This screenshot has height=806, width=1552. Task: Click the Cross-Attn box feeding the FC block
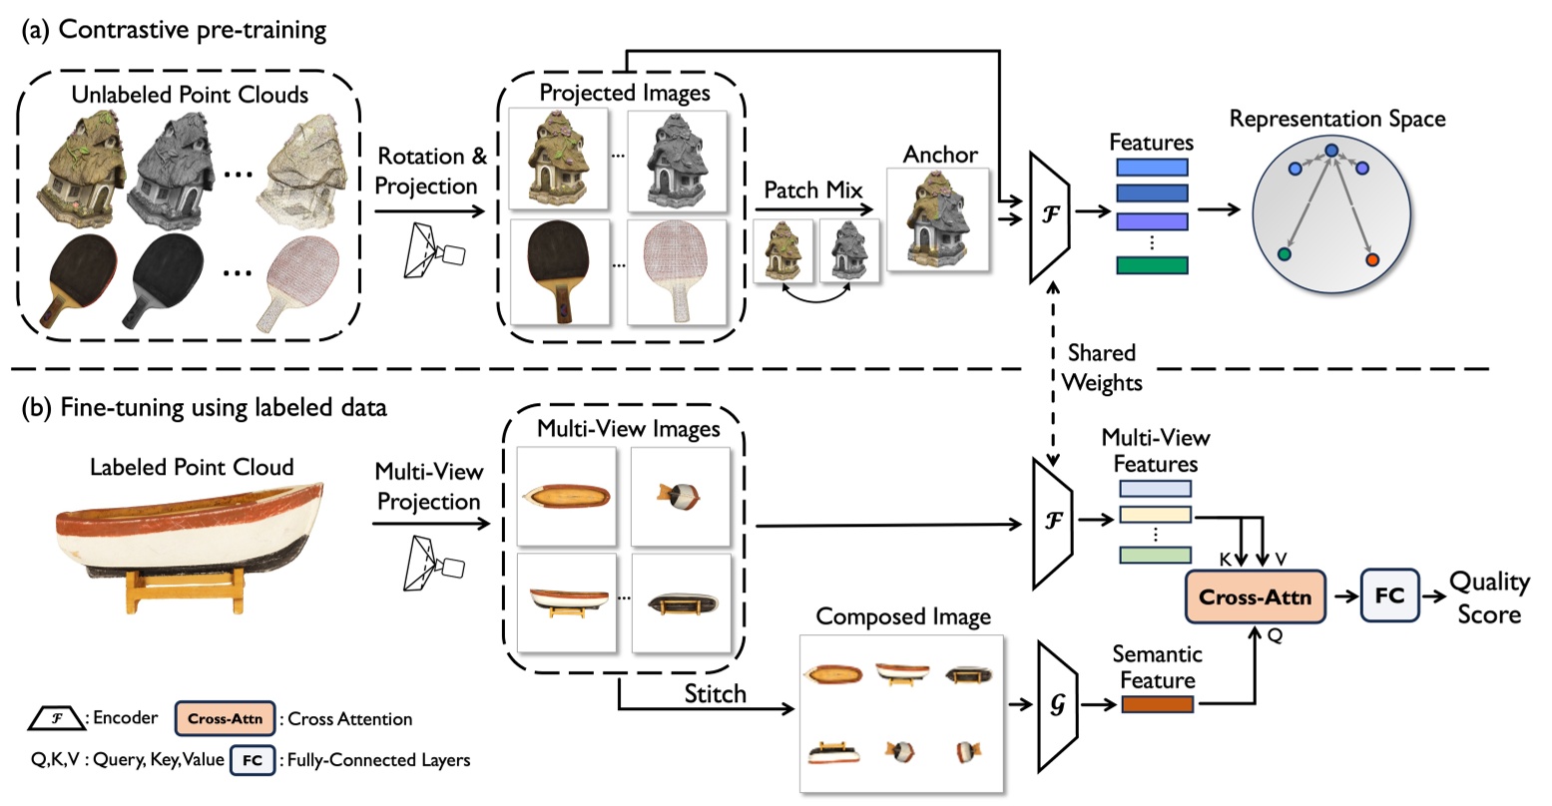(1254, 598)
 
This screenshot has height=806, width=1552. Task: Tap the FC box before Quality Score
(1389, 597)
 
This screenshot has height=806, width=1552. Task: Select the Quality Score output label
(1488, 598)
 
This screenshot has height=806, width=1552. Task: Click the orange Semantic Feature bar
(1158, 704)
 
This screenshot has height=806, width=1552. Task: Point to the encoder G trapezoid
(1056, 704)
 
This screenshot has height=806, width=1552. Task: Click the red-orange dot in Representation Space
(1372, 259)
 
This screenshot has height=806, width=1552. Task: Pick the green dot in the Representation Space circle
(1284, 254)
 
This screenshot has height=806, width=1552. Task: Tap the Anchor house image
(939, 220)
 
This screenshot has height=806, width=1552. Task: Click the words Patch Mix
(813, 191)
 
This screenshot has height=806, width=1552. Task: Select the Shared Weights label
(1101, 367)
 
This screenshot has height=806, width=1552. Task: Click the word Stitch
(715, 694)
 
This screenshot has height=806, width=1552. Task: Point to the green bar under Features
(1152, 264)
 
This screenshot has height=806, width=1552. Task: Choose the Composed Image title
(902, 617)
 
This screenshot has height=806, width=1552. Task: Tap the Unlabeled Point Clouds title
(190, 96)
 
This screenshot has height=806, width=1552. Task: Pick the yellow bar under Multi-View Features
(1155, 515)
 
